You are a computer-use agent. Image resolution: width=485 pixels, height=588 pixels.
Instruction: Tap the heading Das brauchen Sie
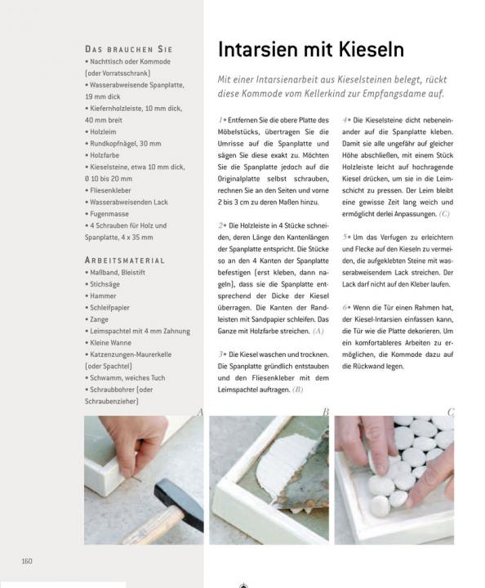click(128, 50)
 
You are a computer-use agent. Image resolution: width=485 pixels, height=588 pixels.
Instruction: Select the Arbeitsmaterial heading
click(125, 261)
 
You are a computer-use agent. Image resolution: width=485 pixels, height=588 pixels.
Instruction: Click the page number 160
click(27, 561)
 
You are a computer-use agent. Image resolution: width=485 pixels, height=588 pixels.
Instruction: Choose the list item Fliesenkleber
click(108, 190)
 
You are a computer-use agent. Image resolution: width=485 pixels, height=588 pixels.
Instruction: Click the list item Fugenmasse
click(107, 214)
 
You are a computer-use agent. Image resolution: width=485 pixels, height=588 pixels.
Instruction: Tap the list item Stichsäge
click(102, 284)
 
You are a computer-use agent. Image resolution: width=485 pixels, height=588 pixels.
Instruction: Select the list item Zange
click(96, 319)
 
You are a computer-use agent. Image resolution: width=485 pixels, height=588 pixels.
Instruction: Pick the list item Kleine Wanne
click(108, 342)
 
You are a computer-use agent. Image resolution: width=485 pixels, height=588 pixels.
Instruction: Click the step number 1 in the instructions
click(220, 120)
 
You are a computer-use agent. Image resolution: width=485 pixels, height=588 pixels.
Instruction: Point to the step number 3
click(221, 354)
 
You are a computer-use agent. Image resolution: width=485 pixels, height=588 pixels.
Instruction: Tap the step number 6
click(345, 308)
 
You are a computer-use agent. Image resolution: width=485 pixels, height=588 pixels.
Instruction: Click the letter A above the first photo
click(200, 412)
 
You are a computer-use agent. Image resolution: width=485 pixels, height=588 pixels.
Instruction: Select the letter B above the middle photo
click(325, 412)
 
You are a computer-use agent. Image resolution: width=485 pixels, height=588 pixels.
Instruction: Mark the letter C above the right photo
click(451, 412)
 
